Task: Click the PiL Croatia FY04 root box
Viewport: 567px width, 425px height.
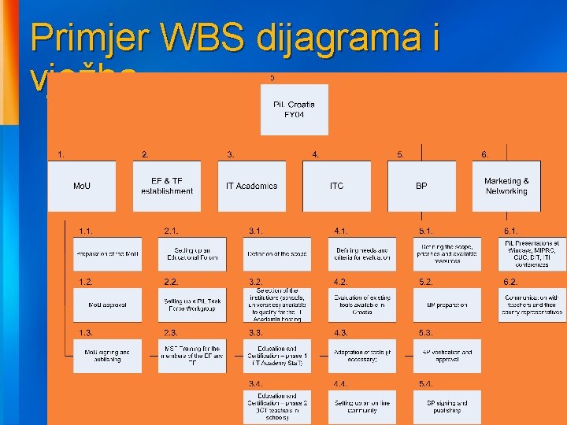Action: pos(295,110)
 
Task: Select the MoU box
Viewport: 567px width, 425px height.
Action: pos(82,186)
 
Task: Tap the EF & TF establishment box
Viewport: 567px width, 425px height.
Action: pos(167,186)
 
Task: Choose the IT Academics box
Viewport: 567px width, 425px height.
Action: pos(252,186)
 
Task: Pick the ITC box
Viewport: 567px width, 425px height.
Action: pos(337,186)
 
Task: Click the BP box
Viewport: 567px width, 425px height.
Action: pos(421,186)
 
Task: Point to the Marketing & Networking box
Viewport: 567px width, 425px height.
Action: pos(506,186)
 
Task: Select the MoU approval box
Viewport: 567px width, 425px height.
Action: pos(108,304)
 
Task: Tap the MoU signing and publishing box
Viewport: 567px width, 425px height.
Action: pos(108,356)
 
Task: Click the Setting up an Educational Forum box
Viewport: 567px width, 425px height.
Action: pos(193,254)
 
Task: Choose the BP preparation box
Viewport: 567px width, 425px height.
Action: pos(447,304)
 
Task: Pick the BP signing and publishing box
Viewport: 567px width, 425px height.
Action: pos(447,407)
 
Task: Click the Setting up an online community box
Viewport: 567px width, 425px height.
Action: pos(362,407)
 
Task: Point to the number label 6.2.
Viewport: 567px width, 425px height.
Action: pos(510,282)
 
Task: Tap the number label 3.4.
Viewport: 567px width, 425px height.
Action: pos(256,383)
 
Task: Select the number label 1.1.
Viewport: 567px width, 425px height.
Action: pos(86,231)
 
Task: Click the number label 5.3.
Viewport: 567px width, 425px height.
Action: pos(426,333)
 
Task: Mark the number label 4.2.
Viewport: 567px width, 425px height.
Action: pos(341,282)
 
